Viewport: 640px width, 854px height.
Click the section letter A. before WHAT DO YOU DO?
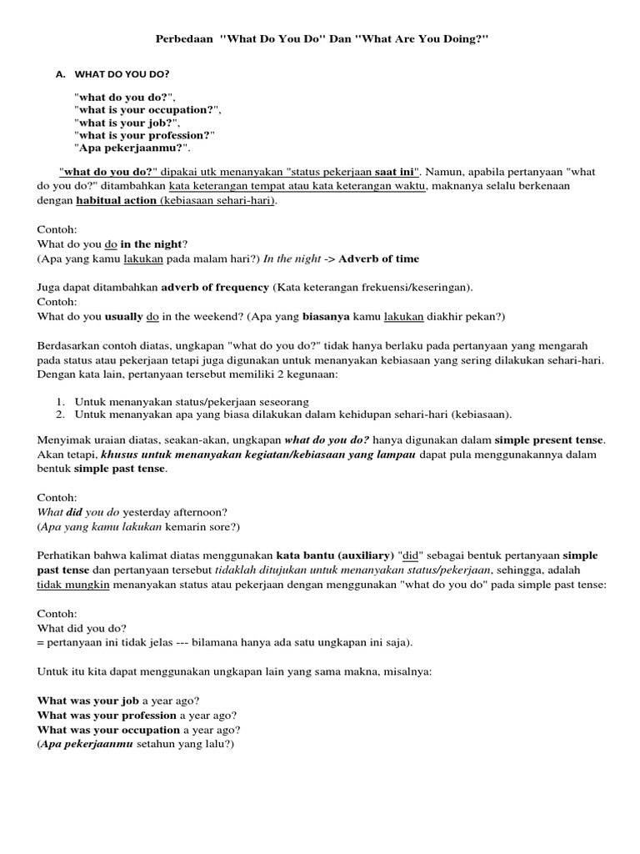pyautogui.click(x=60, y=74)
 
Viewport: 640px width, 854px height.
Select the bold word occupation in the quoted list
pyautogui.click(x=180, y=109)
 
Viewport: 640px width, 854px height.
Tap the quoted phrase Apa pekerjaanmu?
pyautogui.click(x=130, y=148)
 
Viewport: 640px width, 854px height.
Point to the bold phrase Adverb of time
pyautogui.click(x=378, y=259)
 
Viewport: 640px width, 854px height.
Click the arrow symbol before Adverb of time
pyautogui.click(x=327, y=259)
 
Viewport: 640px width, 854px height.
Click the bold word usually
pyautogui.click(x=124, y=316)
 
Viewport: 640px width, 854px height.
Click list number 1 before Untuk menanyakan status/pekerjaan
pyautogui.click(x=61, y=401)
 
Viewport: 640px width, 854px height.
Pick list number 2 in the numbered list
pyautogui.click(x=61, y=414)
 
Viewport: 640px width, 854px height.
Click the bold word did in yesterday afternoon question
pyautogui.click(x=75, y=512)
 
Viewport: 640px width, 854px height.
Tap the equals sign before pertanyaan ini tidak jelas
pyautogui.click(x=41, y=642)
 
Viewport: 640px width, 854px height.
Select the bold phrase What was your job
pyautogui.click(x=88, y=701)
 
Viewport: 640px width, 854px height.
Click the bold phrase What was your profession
pyautogui.click(x=107, y=716)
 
